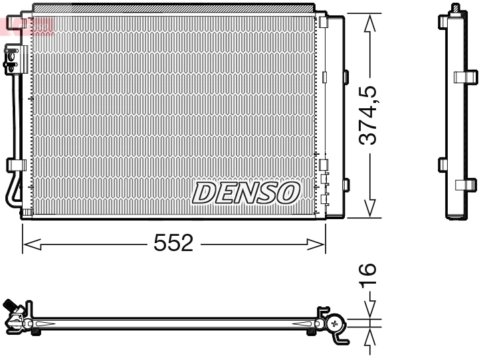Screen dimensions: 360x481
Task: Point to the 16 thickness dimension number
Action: tap(368, 273)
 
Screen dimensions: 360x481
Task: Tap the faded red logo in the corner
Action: tap(28, 25)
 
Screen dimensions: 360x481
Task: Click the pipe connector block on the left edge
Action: tap(13, 58)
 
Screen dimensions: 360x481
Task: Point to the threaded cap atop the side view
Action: tap(456, 8)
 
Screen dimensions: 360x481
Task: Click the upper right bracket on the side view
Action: tap(465, 76)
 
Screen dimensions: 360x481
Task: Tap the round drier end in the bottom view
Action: tap(335, 323)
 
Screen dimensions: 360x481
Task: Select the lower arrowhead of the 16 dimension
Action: tap(371, 337)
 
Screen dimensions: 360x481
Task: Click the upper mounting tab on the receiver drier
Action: tap(344, 76)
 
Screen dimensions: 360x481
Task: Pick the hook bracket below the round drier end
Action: tap(340, 339)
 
